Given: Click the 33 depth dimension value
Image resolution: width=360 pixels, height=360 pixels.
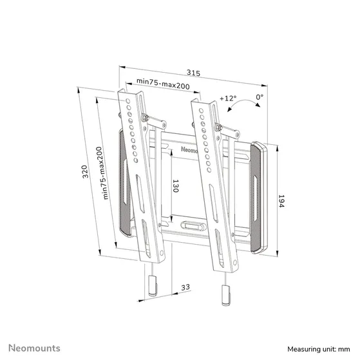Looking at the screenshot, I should click(x=185, y=288).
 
